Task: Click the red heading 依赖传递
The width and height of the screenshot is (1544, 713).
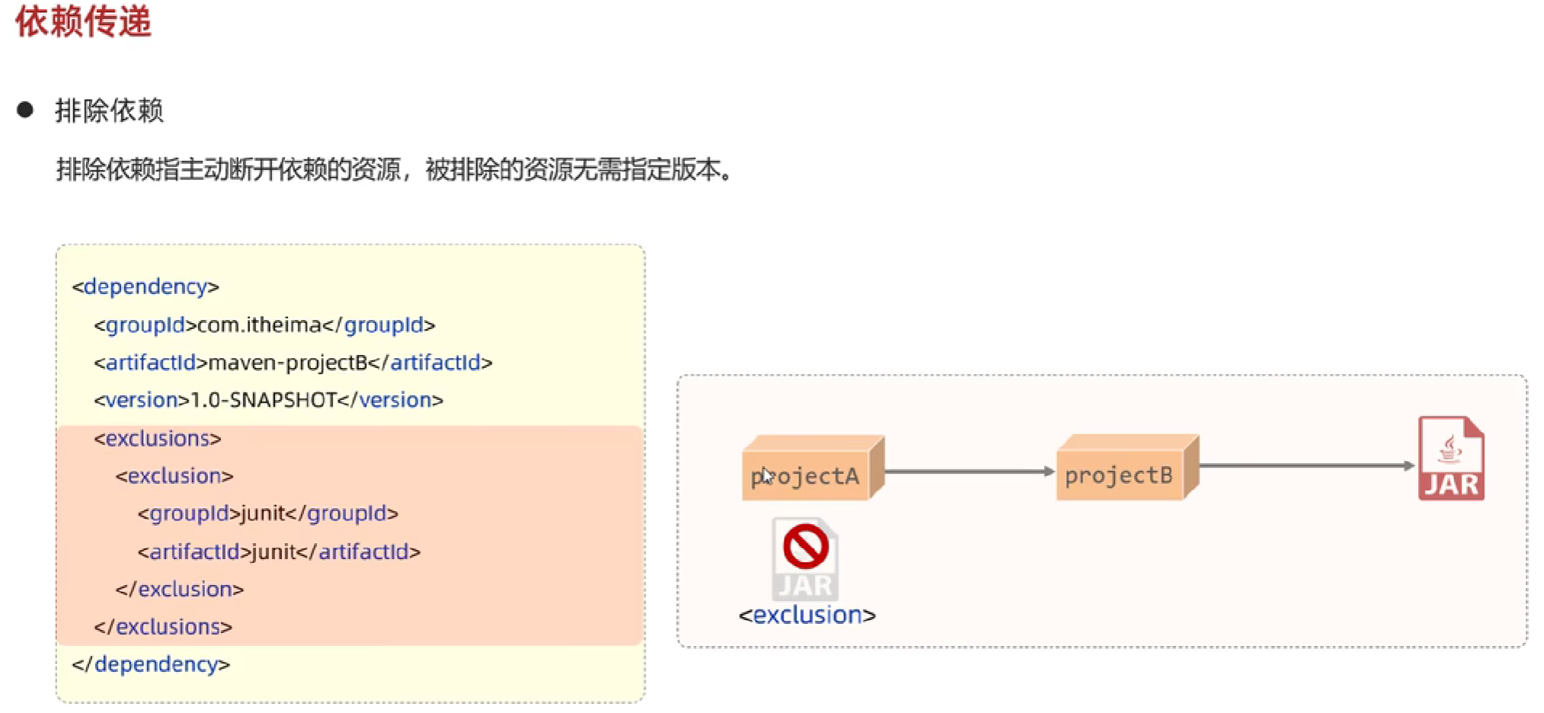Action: coord(83,21)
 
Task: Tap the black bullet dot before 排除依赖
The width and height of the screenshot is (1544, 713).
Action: coord(25,110)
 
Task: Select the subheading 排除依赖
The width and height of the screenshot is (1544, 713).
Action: coord(109,110)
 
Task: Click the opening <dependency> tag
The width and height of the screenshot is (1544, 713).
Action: coord(146,286)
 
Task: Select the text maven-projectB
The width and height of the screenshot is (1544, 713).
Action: coord(288,363)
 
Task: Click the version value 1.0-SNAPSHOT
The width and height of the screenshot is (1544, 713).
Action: coord(264,400)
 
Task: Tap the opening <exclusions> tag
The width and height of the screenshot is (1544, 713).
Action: coord(158,439)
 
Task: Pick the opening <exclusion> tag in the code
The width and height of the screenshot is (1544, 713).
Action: coord(175,476)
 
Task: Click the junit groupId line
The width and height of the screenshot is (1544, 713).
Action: coord(267,513)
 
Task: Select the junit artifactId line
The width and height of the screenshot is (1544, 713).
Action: coord(279,552)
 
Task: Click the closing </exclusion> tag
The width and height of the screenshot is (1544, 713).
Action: coord(180,589)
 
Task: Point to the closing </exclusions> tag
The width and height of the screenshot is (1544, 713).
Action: coord(163,627)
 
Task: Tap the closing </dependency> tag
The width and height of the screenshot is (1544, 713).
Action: coord(151,664)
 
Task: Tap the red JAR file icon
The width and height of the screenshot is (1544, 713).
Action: coord(1451,459)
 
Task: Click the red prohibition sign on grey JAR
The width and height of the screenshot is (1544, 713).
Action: coord(806,546)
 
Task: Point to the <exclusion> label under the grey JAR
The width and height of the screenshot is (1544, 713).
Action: coord(807,615)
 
